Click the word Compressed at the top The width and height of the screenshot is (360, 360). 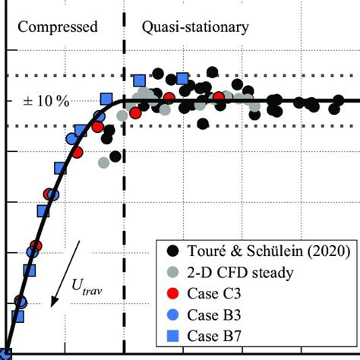[x=58, y=27]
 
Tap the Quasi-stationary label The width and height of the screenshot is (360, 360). [x=194, y=27]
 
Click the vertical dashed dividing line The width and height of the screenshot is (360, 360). [x=124, y=190]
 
